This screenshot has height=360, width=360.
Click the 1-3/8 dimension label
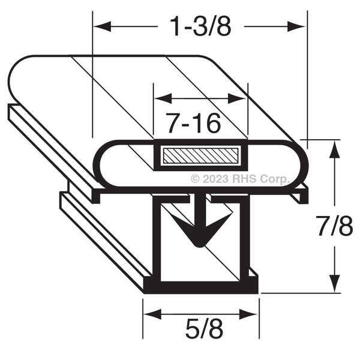tap(200, 26)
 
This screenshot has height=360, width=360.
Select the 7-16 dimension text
tap(194, 123)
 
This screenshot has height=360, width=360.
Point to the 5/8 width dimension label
tap(204, 329)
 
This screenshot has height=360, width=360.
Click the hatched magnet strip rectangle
tap(200, 155)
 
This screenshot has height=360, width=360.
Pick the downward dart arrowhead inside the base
tap(200, 230)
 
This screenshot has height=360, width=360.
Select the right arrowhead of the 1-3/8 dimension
tap(296, 26)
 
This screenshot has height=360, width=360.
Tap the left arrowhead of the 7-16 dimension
tap(163, 99)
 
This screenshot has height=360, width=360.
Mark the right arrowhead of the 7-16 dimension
tap(237, 99)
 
